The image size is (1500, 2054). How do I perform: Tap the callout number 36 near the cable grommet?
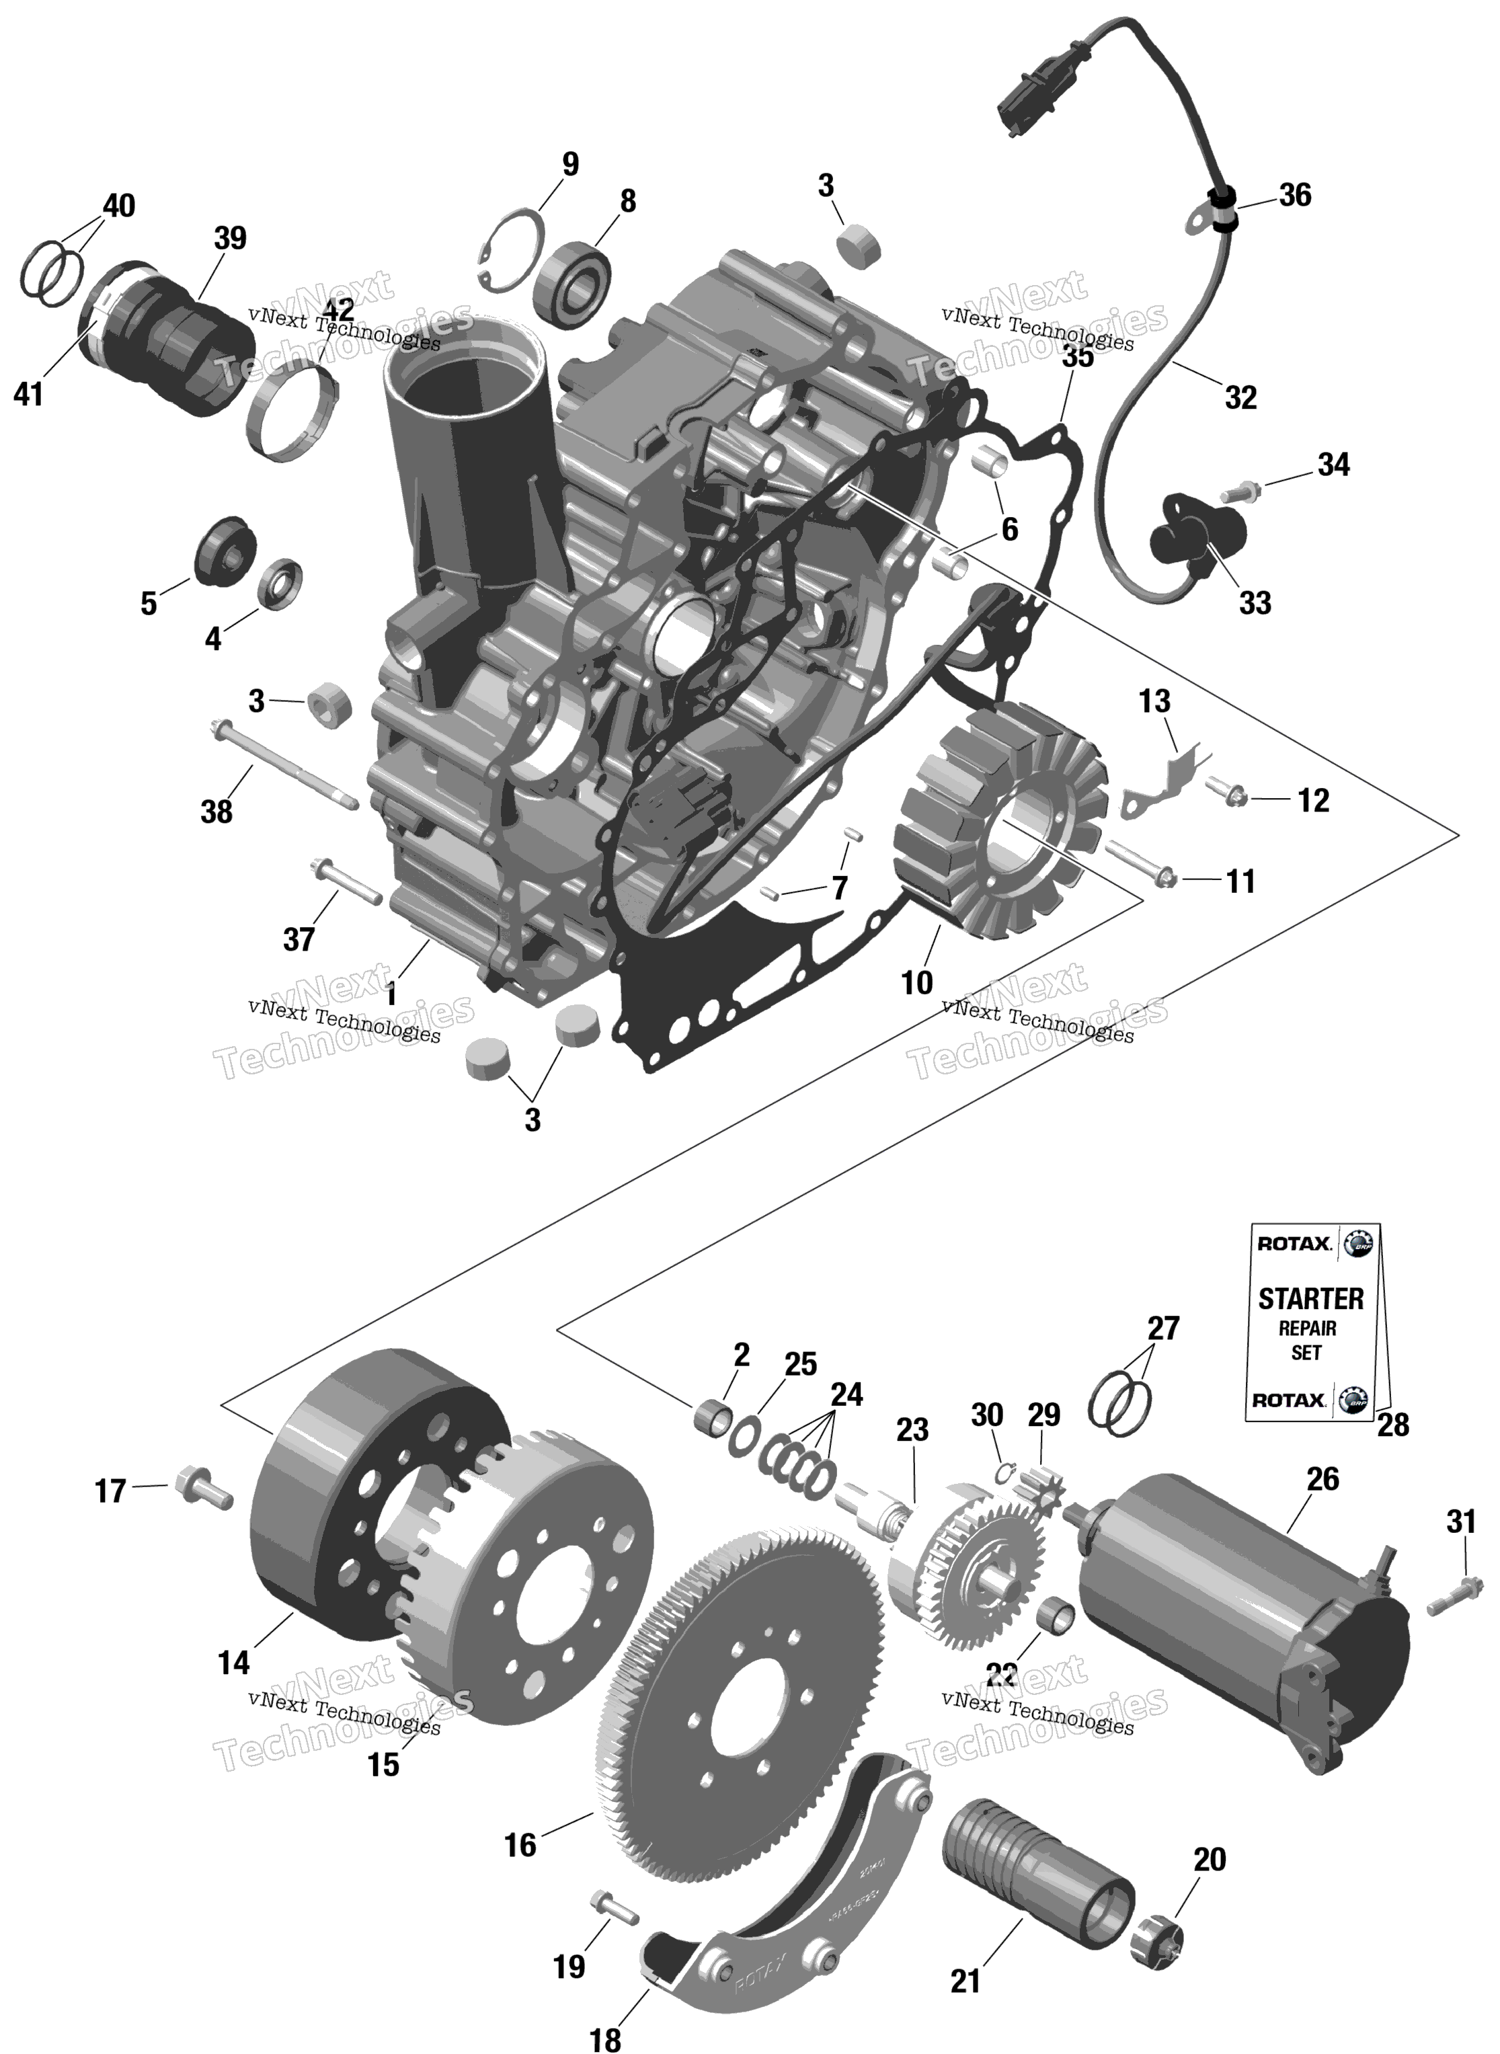(1295, 194)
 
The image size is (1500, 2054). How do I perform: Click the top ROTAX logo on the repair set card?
(1294, 1243)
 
